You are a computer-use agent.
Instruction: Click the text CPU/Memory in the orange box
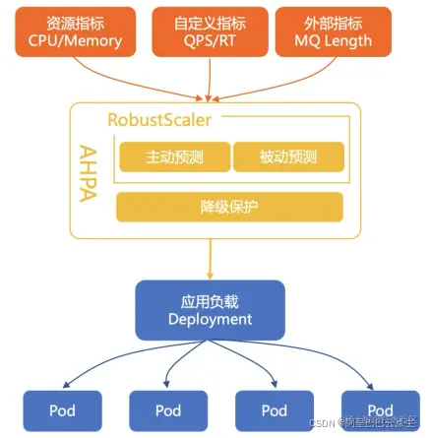click(x=77, y=41)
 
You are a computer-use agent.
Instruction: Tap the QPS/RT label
click(x=211, y=41)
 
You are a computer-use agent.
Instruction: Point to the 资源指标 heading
click(x=77, y=22)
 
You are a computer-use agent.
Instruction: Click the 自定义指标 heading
click(x=211, y=22)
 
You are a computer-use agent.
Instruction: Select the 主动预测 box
click(x=172, y=156)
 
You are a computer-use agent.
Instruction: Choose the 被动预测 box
click(x=288, y=156)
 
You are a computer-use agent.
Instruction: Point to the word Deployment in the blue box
click(x=210, y=320)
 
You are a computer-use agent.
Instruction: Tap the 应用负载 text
click(x=210, y=301)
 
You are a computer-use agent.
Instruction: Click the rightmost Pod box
click(x=380, y=409)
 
